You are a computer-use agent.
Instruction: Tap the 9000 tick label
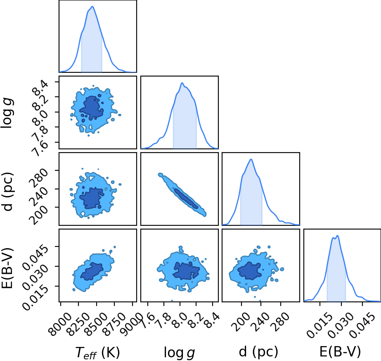131,324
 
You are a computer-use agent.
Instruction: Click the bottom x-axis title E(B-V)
340,351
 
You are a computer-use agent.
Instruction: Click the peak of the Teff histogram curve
92,6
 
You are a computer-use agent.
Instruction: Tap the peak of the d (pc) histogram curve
251,159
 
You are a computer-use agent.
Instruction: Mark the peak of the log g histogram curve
182,83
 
